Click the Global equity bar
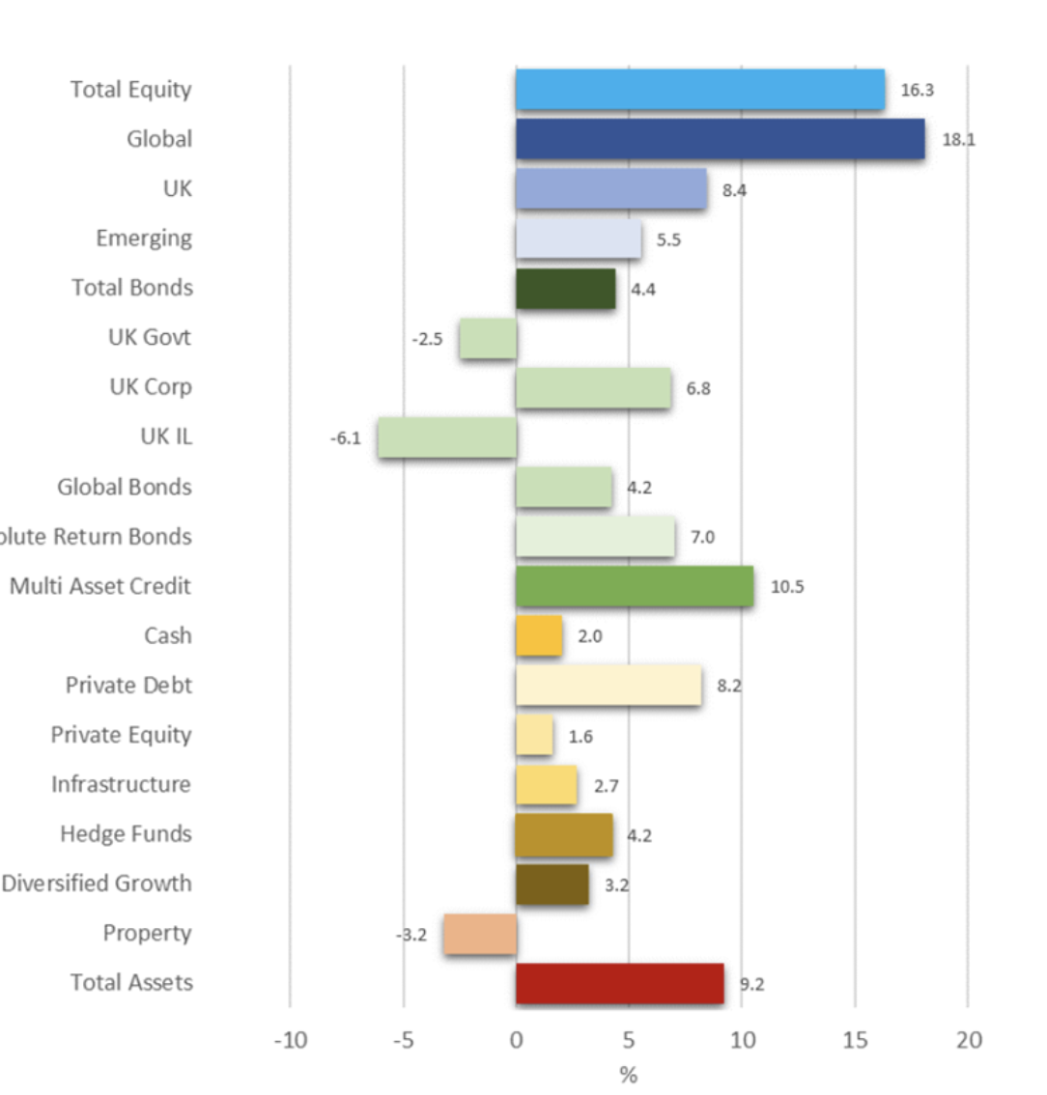pyautogui.click(x=720, y=139)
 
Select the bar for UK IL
pyautogui.click(x=447, y=437)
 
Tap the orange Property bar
pyautogui.click(x=480, y=934)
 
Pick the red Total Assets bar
pyautogui.click(x=619, y=983)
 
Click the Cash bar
pyautogui.click(x=539, y=636)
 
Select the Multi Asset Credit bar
pyautogui.click(x=635, y=586)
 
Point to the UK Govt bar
pyautogui.click(x=488, y=338)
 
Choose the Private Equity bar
pyautogui.click(x=534, y=736)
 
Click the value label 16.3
pyautogui.click(x=917, y=91)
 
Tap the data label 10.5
pyautogui.click(x=787, y=587)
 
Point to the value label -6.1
pyautogui.click(x=345, y=438)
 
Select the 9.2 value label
pyautogui.click(x=751, y=985)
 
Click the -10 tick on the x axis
pyautogui.click(x=290, y=1040)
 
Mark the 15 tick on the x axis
pyautogui.click(x=855, y=1040)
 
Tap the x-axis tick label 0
pyautogui.click(x=516, y=1040)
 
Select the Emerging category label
pyautogui.click(x=144, y=239)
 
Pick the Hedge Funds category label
pyautogui.click(x=126, y=834)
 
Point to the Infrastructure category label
pyautogui.click(x=121, y=784)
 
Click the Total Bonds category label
pyautogui.click(x=132, y=288)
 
